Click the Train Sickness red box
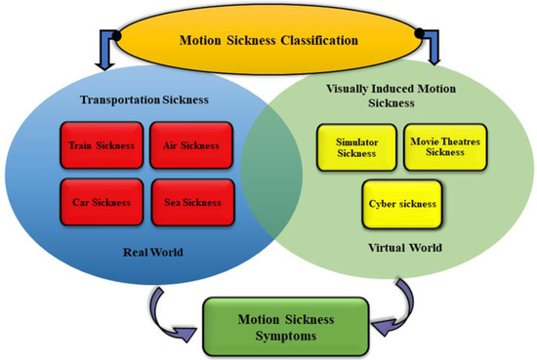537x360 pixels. [102, 145]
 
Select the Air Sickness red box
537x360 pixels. [191, 145]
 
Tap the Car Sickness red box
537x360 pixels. [102, 202]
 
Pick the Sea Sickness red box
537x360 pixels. [192, 202]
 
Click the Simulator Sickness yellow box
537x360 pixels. [356, 147]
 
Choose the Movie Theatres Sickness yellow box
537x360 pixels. [445, 147]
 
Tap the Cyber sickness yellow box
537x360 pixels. [402, 204]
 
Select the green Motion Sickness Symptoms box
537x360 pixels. [286, 327]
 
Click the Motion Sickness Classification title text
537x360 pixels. [268, 40]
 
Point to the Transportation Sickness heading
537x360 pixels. [145, 100]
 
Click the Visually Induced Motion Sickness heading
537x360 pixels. [392, 96]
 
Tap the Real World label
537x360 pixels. [152, 253]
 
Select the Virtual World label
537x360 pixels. [405, 248]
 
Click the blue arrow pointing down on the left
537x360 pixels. [106, 52]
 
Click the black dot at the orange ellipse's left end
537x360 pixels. [116, 35]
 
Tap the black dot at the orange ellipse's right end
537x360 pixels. [420, 33]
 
